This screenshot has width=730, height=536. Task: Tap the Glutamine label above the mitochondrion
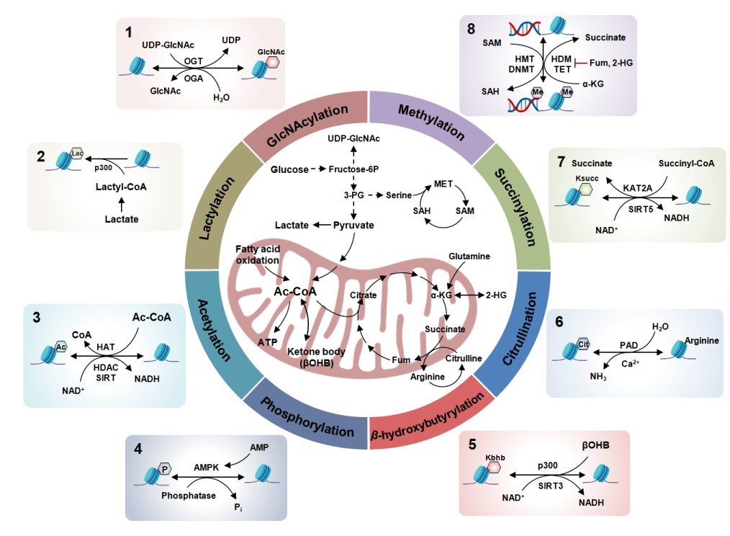[469, 256]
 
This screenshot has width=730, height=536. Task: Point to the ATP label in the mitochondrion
[267, 341]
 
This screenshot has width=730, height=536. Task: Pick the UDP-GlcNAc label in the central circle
[353, 138]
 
